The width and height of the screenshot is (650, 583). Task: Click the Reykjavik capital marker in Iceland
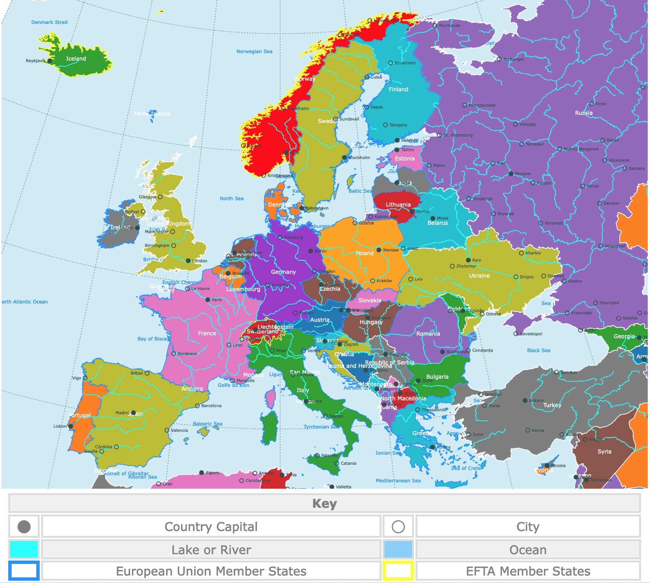[x=49, y=61]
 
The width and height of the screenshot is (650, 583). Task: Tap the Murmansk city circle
[x=435, y=26]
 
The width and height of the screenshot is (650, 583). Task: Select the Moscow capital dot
[x=511, y=174]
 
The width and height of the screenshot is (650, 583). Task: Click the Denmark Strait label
[x=49, y=22]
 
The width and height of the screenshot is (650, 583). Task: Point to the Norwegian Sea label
[x=254, y=52]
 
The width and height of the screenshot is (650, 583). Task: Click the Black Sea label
[x=538, y=351]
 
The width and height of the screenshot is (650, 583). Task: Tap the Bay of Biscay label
[x=153, y=339]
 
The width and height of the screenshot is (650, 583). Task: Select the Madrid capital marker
[x=134, y=413]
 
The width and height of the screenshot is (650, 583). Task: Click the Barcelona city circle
[x=197, y=406]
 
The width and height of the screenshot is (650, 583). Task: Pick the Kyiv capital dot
[x=468, y=260]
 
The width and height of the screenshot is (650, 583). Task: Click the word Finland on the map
[x=398, y=89]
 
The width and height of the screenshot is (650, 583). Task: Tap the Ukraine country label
[x=479, y=276]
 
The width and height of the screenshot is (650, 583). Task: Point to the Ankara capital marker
[x=525, y=400]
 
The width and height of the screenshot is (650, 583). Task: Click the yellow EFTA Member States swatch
[x=398, y=571]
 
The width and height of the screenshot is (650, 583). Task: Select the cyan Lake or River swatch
[x=24, y=550]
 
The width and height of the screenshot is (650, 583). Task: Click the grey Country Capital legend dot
[x=24, y=527]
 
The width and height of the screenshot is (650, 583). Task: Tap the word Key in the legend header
[x=324, y=504]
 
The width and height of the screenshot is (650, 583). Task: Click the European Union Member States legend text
[x=211, y=571]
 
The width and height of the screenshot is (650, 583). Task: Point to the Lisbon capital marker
[x=70, y=426]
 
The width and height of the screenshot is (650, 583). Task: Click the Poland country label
[x=364, y=253]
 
